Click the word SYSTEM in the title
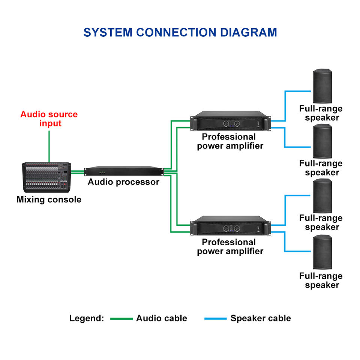coord(108,32)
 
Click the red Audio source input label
coord(49,118)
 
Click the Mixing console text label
coord(49,199)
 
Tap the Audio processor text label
coord(124,182)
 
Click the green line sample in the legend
coord(121,319)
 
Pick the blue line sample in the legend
coord(215,319)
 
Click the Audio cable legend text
coord(162,318)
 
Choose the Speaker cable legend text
coord(261,318)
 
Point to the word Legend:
coord(87,318)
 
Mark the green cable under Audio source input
coord(49,146)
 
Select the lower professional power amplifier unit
coord(230,226)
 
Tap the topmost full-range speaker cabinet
coord(322,86)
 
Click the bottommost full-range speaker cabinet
coord(322,252)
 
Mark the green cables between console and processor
coord(78,172)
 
